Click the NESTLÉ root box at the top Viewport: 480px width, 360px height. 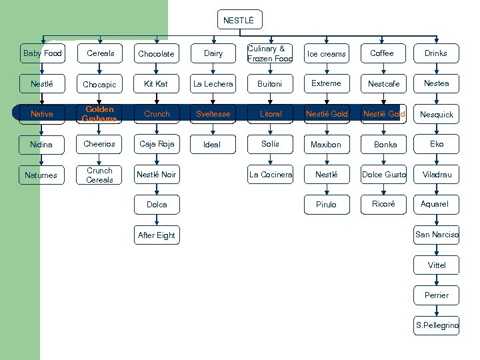239,21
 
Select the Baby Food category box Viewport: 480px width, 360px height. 42,53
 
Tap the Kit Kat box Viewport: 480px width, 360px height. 157,84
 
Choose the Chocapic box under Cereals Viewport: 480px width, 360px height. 99,85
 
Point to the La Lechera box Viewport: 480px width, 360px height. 213,84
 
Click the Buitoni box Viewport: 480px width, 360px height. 271,84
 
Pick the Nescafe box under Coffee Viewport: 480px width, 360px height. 384,84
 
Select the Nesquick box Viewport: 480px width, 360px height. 437,114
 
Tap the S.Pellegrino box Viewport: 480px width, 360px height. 437,325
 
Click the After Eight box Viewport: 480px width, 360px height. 157,235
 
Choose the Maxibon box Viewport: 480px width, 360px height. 326,144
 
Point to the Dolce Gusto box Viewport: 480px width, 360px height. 384,175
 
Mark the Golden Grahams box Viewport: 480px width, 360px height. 99,114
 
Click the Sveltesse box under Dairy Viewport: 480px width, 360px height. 213,114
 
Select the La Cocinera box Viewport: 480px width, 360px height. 271,175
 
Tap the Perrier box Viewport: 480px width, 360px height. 437,295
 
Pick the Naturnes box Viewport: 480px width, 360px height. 42,175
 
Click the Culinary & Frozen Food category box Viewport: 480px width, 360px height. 271,53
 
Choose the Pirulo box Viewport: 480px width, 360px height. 326,205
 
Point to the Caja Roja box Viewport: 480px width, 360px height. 157,144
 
